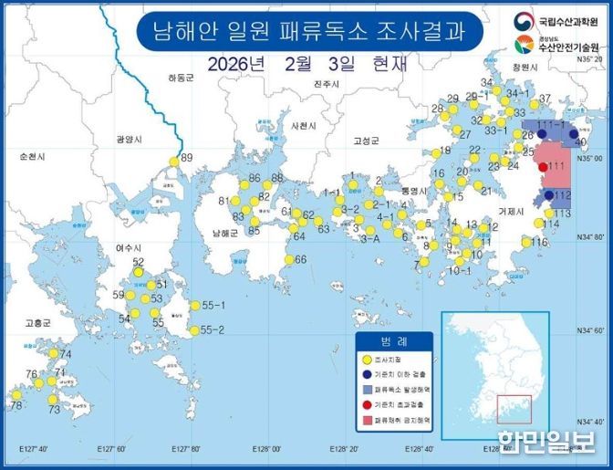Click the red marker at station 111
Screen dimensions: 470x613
click(x=544, y=166)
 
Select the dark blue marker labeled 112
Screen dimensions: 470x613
click(x=548, y=195)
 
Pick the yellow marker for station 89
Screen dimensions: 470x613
click(x=173, y=162)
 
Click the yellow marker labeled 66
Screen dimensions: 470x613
click(x=287, y=260)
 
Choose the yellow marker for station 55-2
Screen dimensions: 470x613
click(x=193, y=330)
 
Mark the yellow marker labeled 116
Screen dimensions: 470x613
click(x=526, y=242)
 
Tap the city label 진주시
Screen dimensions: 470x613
click(x=326, y=84)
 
